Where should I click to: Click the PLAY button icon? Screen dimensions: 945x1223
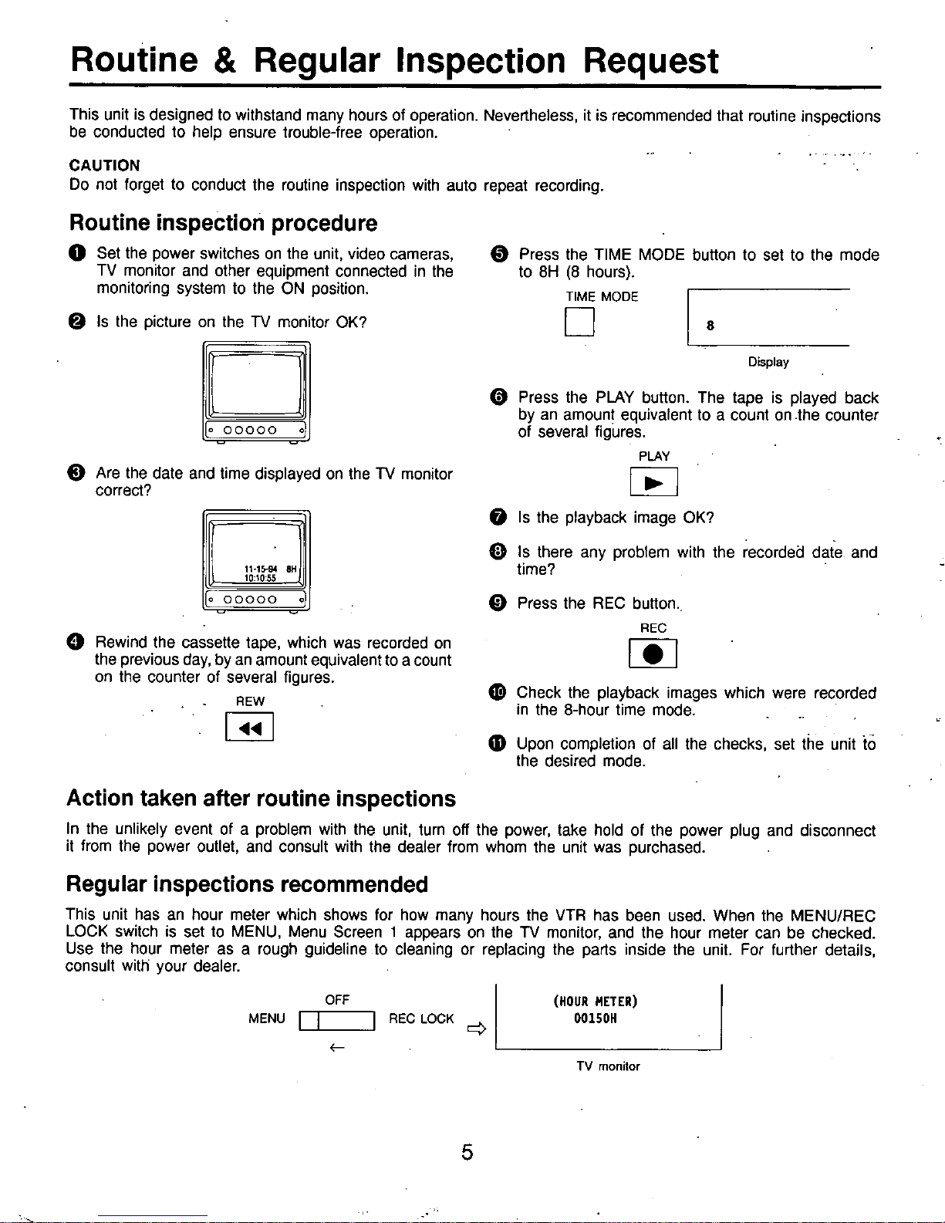pyautogui.click(x=653, y=482)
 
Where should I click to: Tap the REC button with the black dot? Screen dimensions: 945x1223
pyautogui.click(x=653, y=654)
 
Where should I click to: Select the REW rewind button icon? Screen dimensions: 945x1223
pyautogui.click(x=249, y=727)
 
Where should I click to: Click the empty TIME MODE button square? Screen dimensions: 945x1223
pyautogui.click(x=579, y=321)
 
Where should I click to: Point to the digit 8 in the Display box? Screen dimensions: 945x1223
pyautogui.click(x=710, y=326)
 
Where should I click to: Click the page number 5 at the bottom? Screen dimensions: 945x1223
pyautogui.click(x=467, y=1152)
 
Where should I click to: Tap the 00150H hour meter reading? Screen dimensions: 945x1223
pyautogui.click(x=595, y=1018)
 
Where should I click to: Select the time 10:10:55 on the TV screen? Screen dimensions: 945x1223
pyautogui.click(x=260, y=578)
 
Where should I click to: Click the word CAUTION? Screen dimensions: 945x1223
pyautogui.click(x=105, y=165)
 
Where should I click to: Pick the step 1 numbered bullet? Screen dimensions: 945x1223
pyautogui.click(x=77, y=253)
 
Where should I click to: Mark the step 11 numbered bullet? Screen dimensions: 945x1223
pyautogui.click(x=498, y=744)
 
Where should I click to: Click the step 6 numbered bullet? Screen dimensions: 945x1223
pyautogui.click(x=498, y=397)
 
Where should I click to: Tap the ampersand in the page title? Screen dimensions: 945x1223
pyautogui.click(x=225, y=61)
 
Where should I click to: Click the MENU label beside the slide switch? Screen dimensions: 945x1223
pyautogui.click(x=267, y=1019)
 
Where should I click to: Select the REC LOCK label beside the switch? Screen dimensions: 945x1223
pyautogui.click(x=421, y=1019)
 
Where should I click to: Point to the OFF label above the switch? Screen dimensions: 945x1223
pyautogui.click(x=337, y=999)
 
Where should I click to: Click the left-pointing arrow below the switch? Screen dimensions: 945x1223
pyautogui.click(x=337, y=1047)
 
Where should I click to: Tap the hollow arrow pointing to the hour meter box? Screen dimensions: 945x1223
pyautogui.click(x=477, y=1029)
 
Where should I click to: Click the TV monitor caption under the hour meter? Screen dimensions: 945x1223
pyautogui.click(x=608, y=1066)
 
